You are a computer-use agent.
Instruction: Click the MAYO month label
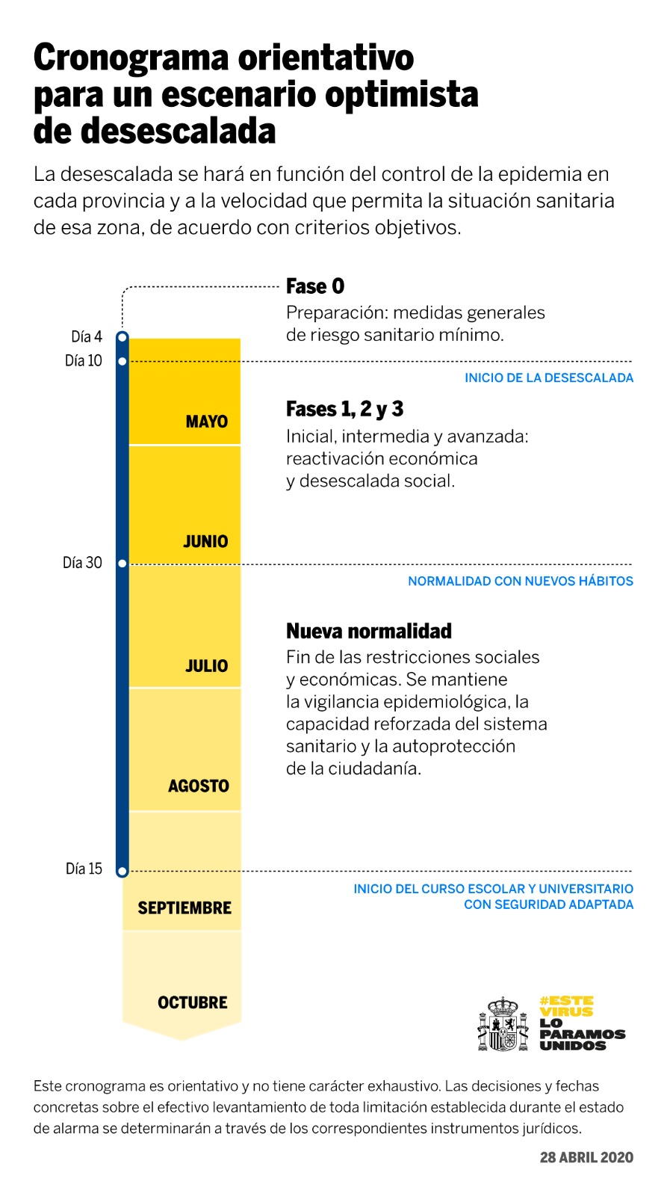(206, 422)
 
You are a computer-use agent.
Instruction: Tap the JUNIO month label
(205, 541)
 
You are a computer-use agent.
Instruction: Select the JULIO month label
(206, 665)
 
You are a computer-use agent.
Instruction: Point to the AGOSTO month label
(198, 786)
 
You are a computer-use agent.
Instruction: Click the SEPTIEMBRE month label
(184, 908)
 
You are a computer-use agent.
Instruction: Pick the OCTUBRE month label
(192, 1002)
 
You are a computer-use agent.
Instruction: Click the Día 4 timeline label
(87, 336)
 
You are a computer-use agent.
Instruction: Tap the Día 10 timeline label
(84, 361)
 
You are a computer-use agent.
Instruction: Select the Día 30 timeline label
(82, 563)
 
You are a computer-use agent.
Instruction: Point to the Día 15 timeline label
(84, 869)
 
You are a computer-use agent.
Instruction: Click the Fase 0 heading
(315, 286)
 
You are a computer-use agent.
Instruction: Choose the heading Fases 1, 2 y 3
(344, 409)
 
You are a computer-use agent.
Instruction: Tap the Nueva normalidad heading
(369, 631)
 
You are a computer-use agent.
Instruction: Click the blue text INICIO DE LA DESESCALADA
(549, 378)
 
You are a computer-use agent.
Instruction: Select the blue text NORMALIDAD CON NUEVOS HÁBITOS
(521, 582)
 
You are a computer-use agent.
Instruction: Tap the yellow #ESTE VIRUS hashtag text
(566, 1006)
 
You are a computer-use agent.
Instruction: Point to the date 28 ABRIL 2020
(586, 1157)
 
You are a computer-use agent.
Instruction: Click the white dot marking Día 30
(122, 564)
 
